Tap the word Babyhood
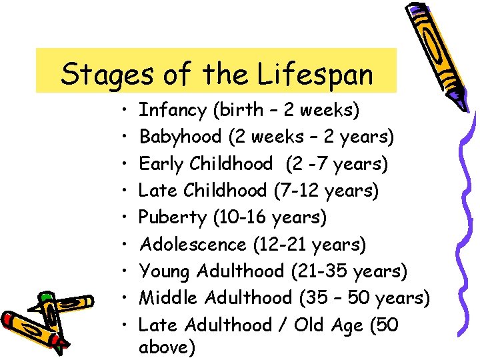click(x=180, y=137)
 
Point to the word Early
click(x=161, y=163)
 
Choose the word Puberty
click(x=173, y=217)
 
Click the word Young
click(x=163, y=271)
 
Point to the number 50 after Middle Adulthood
click(x=359, y=298)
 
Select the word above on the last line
click(x=167, y=348)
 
